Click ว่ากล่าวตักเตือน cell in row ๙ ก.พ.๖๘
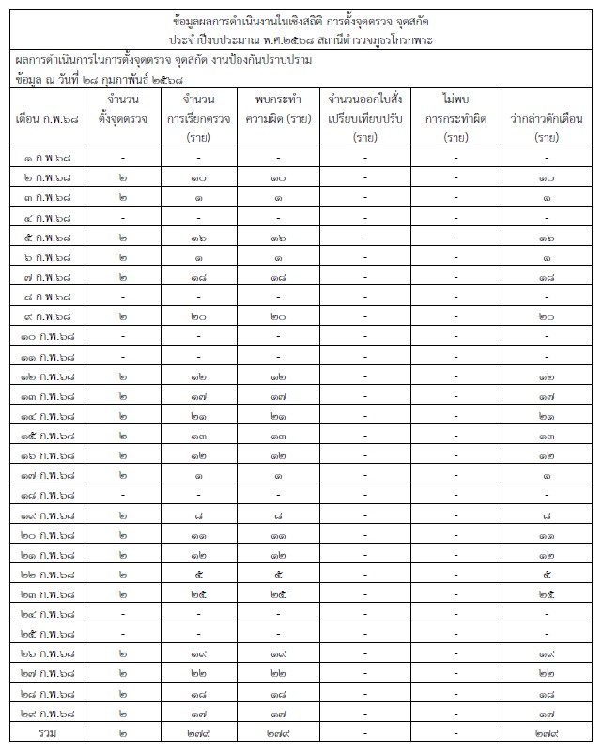(547, 317)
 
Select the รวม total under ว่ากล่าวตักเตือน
(547, 732)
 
